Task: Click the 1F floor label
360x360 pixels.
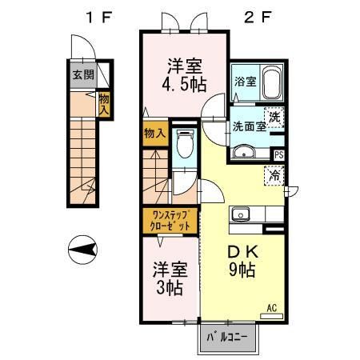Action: point(98,18)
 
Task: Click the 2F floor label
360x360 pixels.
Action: point(258,18)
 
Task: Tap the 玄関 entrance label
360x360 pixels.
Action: point(83,75)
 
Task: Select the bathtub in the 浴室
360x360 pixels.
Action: point(272,82)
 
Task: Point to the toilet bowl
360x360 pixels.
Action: point(184,143)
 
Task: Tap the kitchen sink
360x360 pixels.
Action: point(241,214)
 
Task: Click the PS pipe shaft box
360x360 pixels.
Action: point(279,155)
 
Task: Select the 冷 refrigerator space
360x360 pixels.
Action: point(274,175)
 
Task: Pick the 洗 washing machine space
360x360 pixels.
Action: point(274,118)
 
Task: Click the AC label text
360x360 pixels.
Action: point(272,308)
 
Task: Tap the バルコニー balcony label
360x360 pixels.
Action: point(227,338)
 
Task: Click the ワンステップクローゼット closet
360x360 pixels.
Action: point(170,221)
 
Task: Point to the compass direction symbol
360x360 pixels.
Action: point(82,250)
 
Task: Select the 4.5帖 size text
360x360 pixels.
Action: point(184,85)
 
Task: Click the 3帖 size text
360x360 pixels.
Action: point(170,288)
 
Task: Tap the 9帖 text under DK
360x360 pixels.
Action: point(242,270)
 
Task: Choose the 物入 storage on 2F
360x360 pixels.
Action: point(156,134)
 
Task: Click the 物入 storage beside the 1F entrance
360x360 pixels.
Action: point(104,104)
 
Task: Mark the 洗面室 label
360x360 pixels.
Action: point(250,127)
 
